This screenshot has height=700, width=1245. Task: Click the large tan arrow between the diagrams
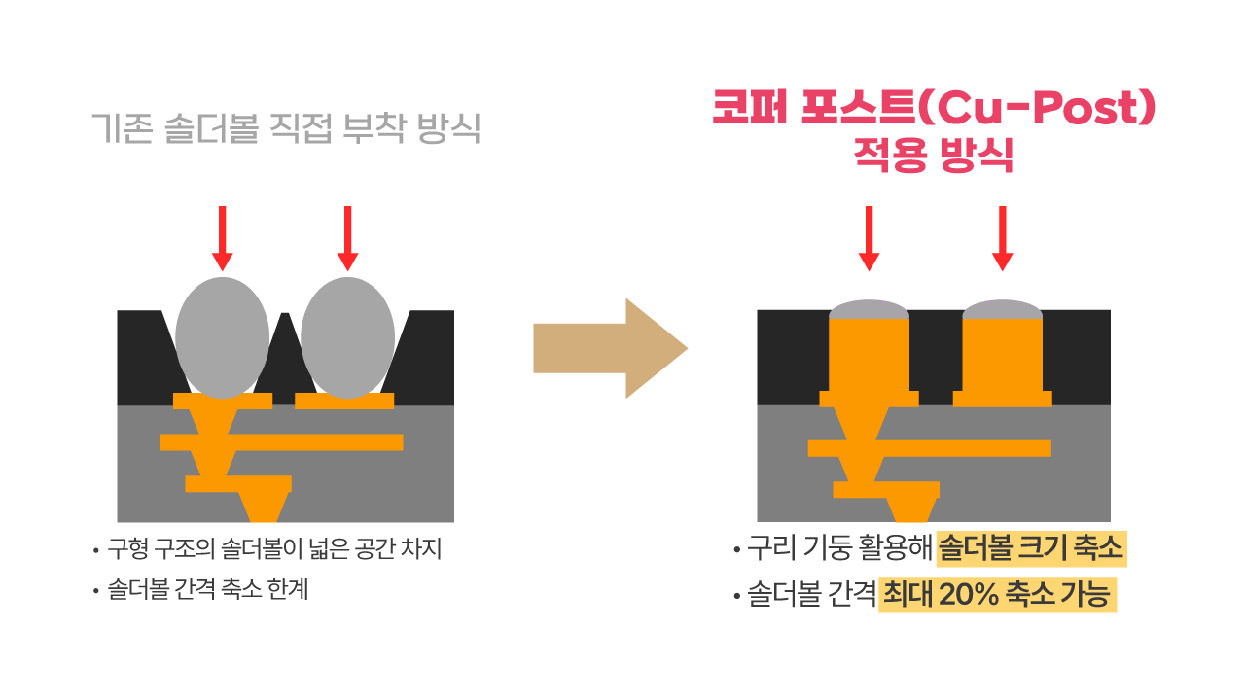click(x=610, y=348)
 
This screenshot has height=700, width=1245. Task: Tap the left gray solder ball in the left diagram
click(x=223, y=337)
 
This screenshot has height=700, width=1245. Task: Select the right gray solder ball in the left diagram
click(x=348, y=337)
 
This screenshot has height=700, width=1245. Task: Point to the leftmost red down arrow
click(x=223, y=238)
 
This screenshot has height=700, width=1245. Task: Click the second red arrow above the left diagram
click(x=348, y=238)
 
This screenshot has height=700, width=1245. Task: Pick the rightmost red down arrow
click(x=1003, y=238)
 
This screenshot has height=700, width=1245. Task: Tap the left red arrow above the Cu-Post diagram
click(x=870, y=238)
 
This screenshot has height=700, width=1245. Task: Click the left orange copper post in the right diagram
click(x=870, y=361)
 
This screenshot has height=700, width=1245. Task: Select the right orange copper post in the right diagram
click(x=1003, y=361)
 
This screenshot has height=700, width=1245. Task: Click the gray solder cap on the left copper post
click(x=870, y=309)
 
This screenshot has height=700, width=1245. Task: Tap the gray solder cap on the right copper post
click(x=1003, y=309)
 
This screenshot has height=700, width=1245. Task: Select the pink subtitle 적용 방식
click(x=933, y=155)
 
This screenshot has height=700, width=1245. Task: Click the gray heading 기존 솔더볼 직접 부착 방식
click(x=286, y=128)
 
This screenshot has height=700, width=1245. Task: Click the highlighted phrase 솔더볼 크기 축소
click(x=1031, y=548)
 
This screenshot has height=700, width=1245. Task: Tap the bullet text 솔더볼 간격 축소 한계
click(x=208, y=589)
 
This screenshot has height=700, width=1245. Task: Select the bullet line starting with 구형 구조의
click(x=274, y=549)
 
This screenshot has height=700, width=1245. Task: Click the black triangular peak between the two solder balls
click(x=285, y=356)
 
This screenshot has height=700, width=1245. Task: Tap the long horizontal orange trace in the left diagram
click(x=282, y=442)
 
